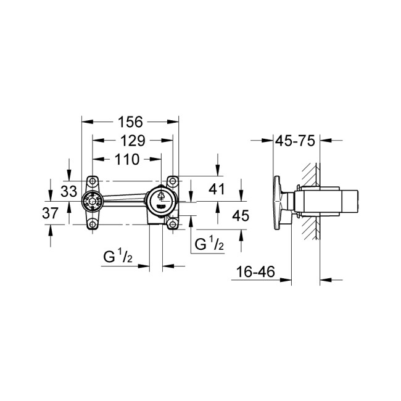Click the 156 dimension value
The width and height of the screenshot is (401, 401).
[130, 121]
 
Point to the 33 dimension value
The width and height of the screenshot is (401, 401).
[69, 192]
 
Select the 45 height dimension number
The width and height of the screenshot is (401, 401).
[238, 215]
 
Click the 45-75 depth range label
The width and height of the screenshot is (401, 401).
[295, 140]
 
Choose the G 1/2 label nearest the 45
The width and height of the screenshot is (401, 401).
[209, 244]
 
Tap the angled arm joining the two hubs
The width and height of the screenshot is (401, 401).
[125, 199]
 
